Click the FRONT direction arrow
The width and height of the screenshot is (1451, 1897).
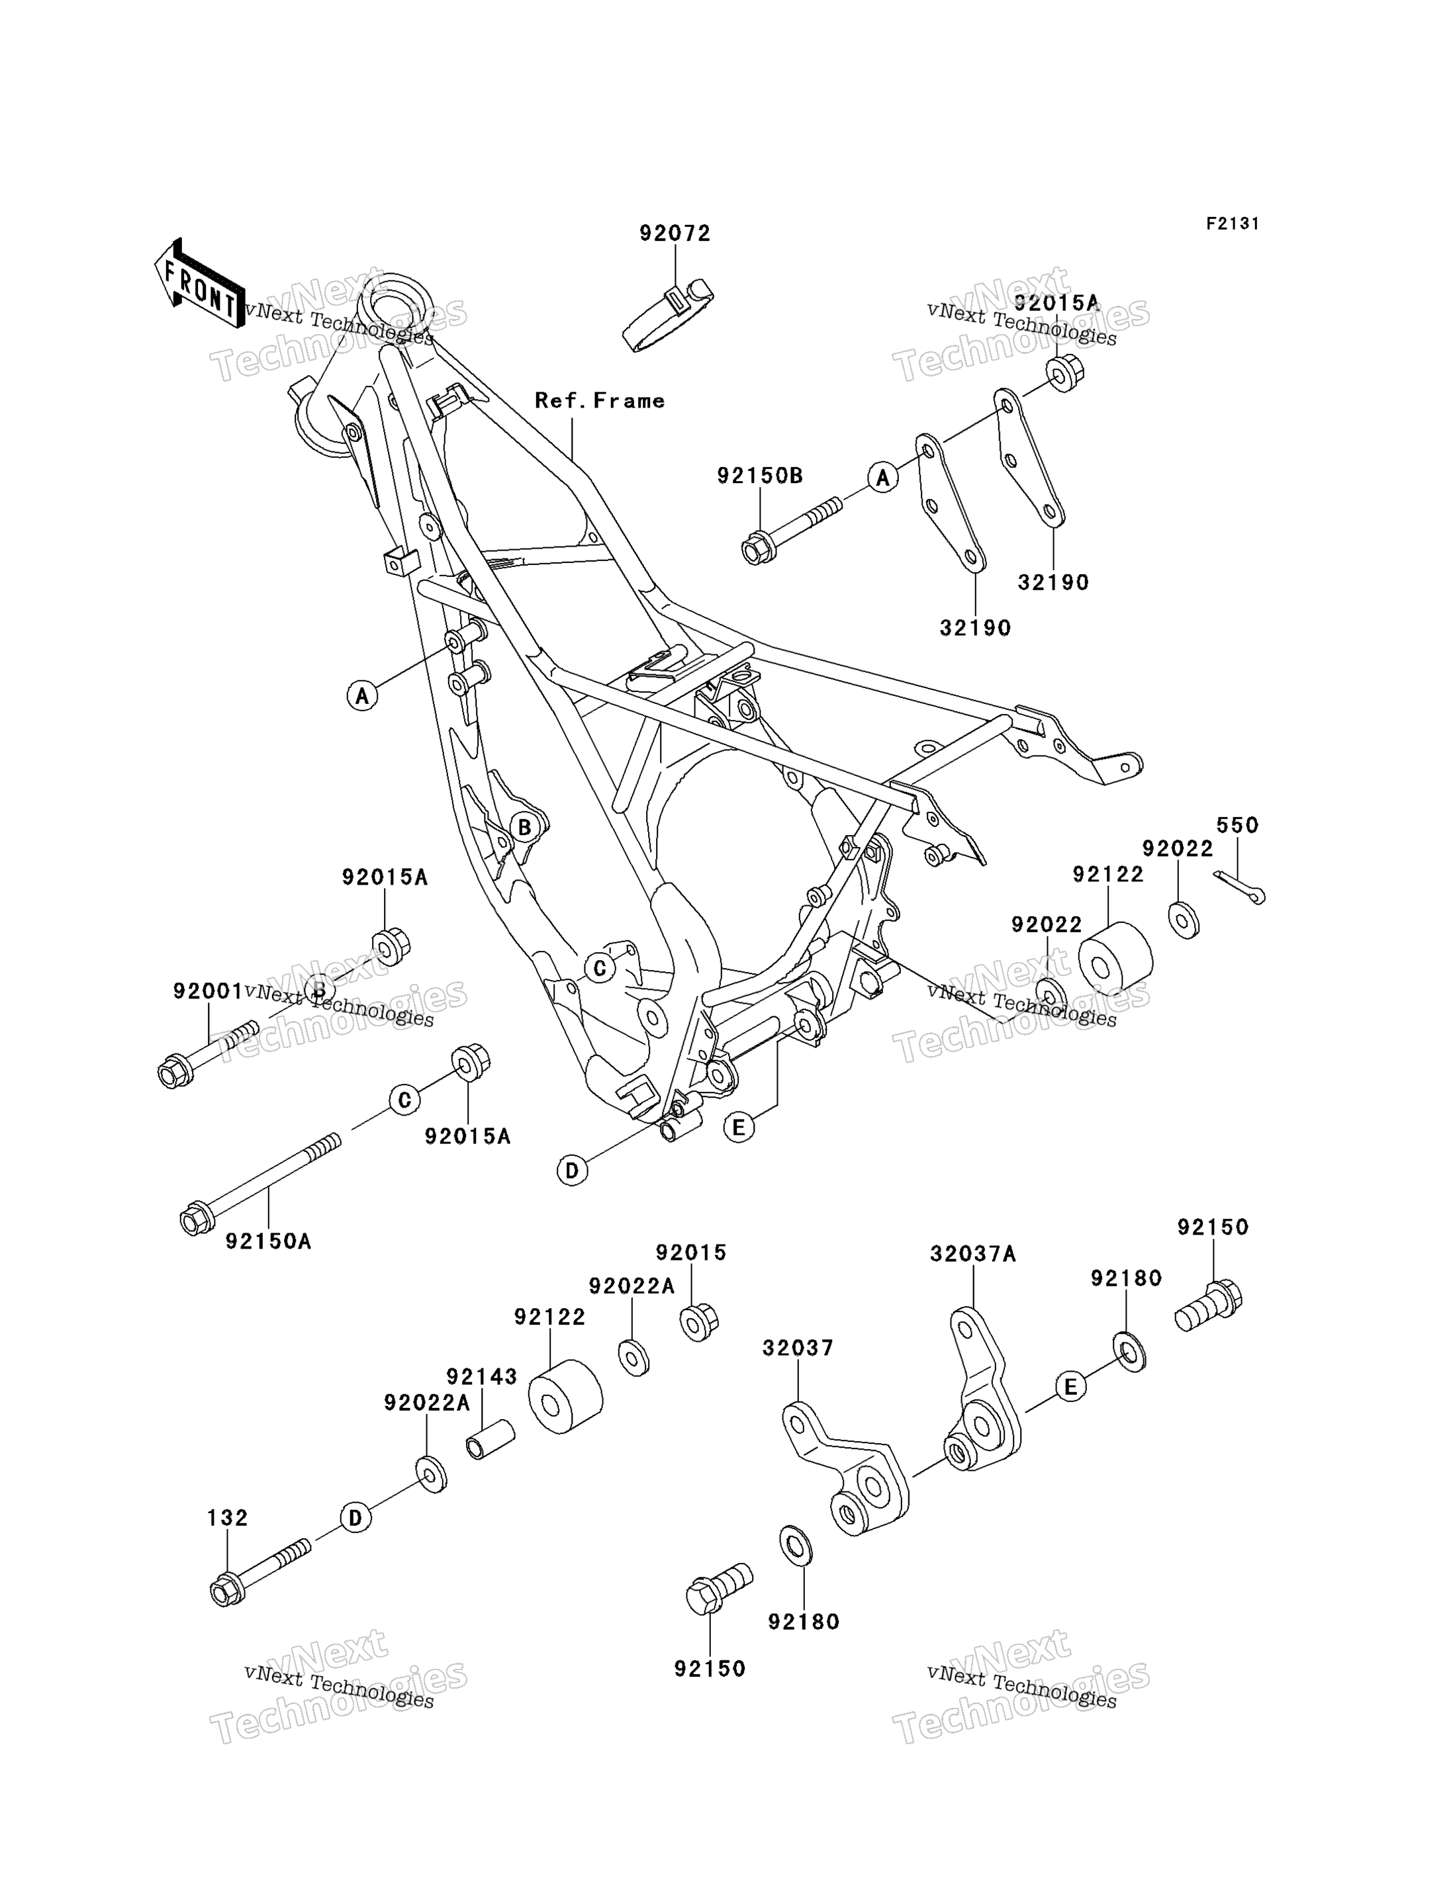(x=198, y=283)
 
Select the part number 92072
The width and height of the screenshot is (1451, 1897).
(x=675, y=233)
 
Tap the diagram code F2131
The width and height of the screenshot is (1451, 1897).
(x=1233, y=224)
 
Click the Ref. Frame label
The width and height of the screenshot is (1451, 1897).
(x=600, y=401)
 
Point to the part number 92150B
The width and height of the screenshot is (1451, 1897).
(x=760, y=476)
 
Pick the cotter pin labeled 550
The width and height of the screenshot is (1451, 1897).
(x=1240, y=887)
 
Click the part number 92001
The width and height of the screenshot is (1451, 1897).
(x=207, y=991)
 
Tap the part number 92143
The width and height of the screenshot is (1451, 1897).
(x=481, y=1376)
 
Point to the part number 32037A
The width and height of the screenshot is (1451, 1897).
(x=972, y=1254)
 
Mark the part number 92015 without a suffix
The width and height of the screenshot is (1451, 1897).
(x=691, y=1252)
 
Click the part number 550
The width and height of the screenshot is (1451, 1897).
(x=1238, y=826)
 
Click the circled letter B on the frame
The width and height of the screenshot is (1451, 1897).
(x=524, y=828)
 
